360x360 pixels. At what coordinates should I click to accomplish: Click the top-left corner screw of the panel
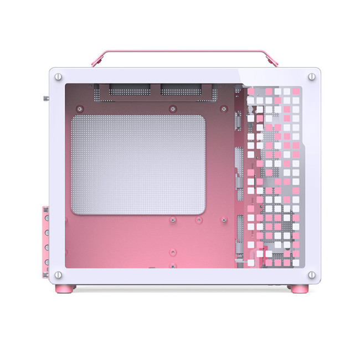pyautogui.click(x=59, y=75)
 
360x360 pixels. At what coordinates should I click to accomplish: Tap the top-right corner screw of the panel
pyautogui.click(x=312, y=75)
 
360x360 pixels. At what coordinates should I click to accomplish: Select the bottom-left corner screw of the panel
pyautogui.click(x=59, y=274)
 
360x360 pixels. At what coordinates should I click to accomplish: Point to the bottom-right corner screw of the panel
pyautogui.click(x=312, y=274)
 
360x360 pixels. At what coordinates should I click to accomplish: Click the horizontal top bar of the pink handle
pyautogui.click(x=185, y=51)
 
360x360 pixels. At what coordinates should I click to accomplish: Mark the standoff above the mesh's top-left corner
pyautogui.click(x=80, y=108)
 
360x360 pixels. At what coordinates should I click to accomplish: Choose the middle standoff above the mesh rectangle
pyautogui.click(x=173, y=108)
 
